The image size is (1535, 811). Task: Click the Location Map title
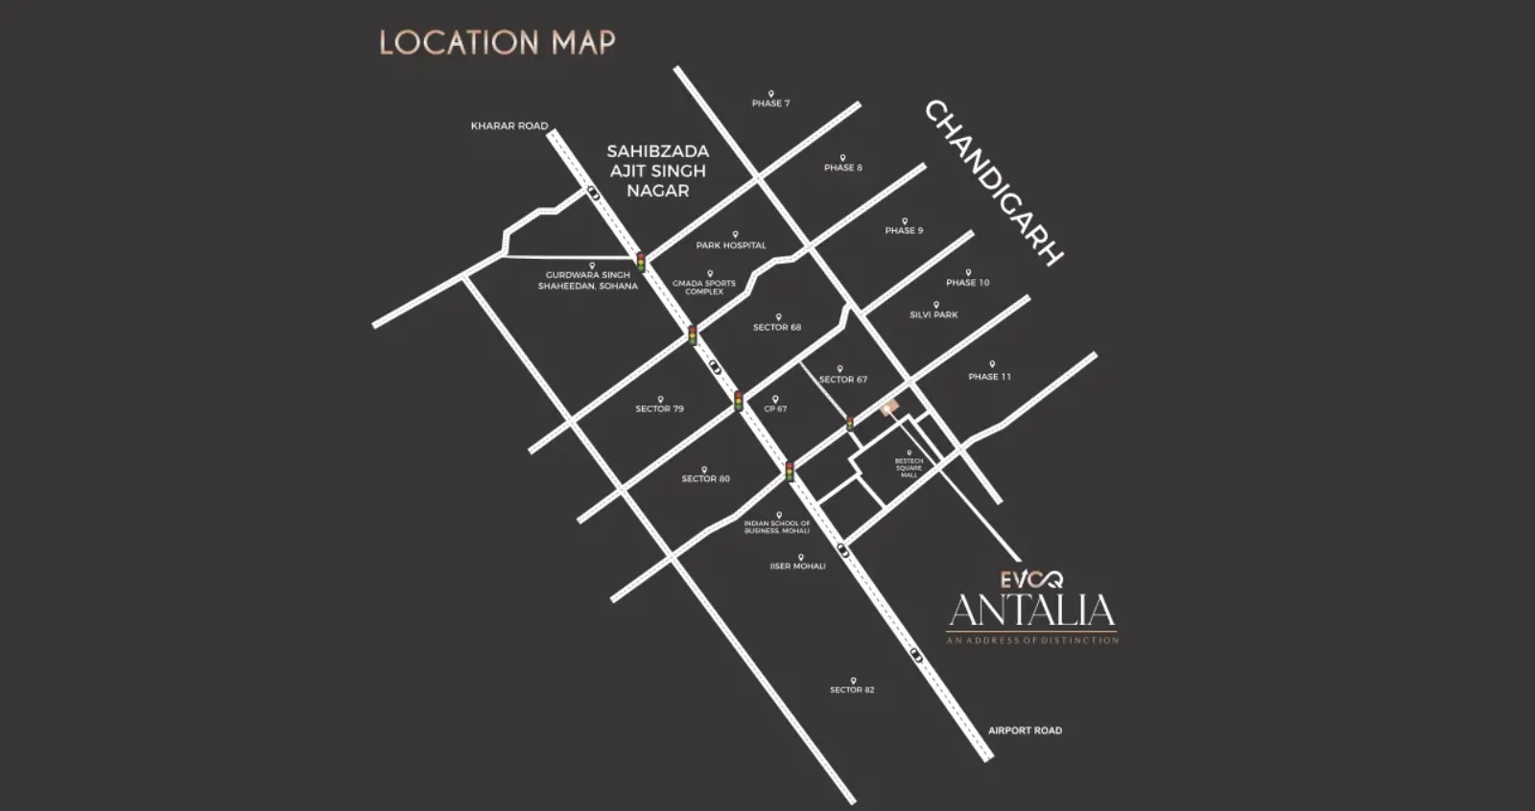point(497,42)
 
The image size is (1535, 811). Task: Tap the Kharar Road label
point(508,126)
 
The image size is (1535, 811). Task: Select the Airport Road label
point(1025,730)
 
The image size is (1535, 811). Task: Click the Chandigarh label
point(994,182)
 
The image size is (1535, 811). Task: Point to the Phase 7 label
point(770,104)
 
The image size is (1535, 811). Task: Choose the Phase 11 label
point(989,377)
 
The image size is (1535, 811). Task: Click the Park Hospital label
point(731,245)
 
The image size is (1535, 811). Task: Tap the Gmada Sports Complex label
point(704,288)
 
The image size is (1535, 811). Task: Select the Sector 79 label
point(659,409)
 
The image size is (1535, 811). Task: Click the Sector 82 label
point(852,690)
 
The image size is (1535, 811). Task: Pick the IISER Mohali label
point(797,567)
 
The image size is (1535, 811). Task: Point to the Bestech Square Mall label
point(909,468)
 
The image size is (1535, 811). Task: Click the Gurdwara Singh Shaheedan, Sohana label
point(587,281)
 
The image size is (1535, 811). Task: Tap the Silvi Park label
point(933,314)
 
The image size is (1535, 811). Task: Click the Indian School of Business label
point(777,527)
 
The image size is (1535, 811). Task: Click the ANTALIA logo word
point(1031,611)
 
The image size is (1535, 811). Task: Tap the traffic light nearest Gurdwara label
point(641,261)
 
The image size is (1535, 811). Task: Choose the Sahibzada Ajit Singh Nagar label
point(658,171)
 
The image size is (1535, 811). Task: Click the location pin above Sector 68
point(778,317)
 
